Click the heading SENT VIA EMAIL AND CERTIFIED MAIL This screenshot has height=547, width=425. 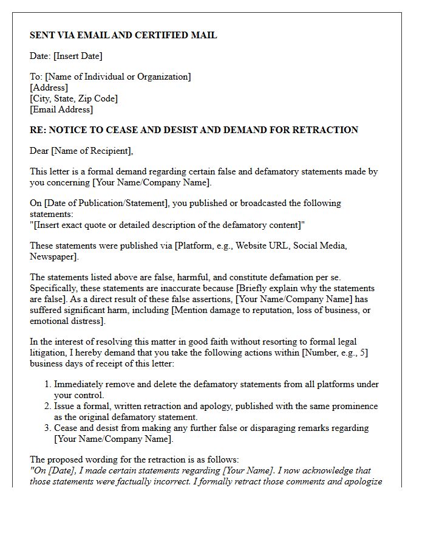point(123,35)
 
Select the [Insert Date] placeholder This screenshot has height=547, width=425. point(78,56)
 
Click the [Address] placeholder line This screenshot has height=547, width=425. point(49,88)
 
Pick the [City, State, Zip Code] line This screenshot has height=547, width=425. point(73,98)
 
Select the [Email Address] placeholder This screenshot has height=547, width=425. point(61,109)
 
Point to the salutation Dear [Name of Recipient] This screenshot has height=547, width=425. point(81,151)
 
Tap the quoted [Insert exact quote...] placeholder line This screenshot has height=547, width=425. point(168,225)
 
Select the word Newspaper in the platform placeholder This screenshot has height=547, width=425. point(53,256)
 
